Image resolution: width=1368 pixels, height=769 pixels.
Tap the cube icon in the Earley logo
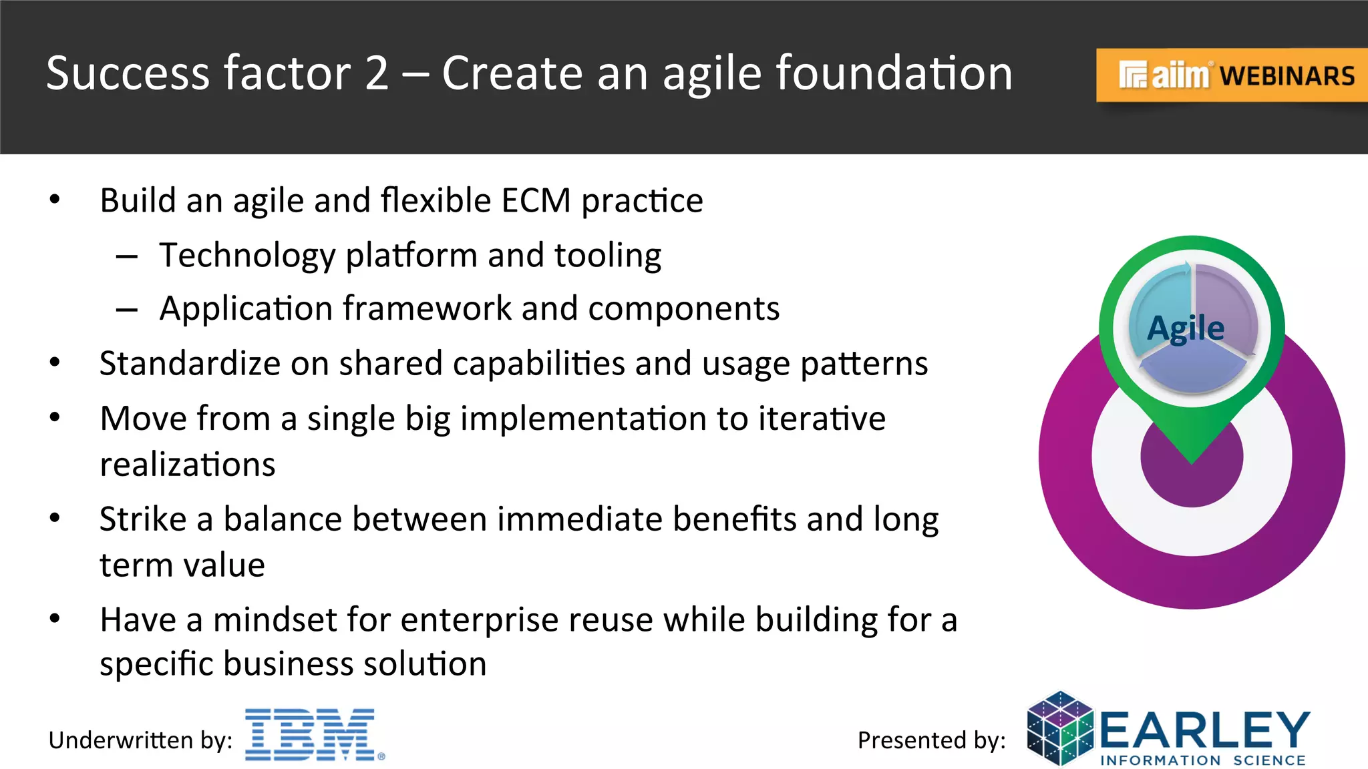click(x=1060, y=728)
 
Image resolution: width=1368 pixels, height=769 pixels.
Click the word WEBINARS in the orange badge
click(x=1287, y=76)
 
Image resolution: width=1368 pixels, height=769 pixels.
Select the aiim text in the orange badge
click(x=1180, y=75)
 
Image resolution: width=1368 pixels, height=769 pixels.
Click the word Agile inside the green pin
click(x=1186, y=328)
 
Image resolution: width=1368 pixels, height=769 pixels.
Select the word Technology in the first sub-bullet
click(x=247, y=256)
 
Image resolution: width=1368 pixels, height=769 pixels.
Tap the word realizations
click(x=188, y=465)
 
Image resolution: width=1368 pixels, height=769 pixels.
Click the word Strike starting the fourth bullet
click(x=143, y=519)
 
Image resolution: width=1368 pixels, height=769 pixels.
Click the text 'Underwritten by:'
click(x=140, y=740)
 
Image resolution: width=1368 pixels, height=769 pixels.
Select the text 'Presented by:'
click(x=931, y=740)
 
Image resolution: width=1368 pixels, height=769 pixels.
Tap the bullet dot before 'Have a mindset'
click(x=55, y=619)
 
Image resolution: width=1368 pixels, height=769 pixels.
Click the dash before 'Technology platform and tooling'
click(x=126, y=256)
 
